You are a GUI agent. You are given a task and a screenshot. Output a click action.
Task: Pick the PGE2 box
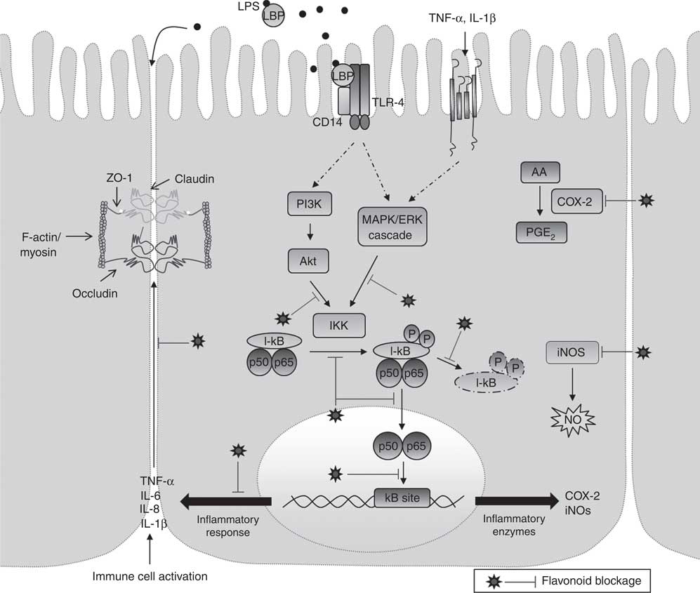tap(542, 231)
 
